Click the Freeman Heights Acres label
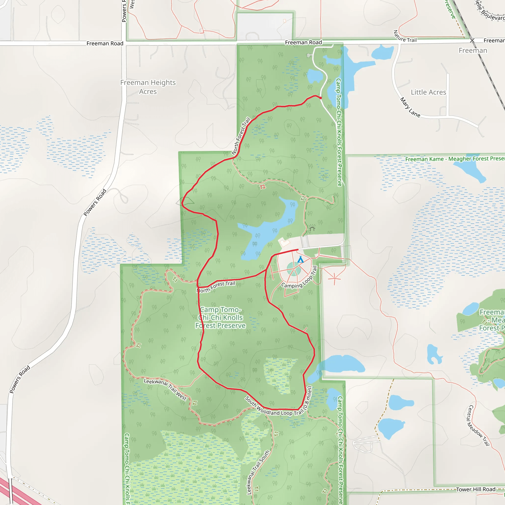tap(148, 87)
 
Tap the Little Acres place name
tap(428, 92)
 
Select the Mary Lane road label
tap(410, 108)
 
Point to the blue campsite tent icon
tap(300, 260)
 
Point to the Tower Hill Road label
tap(475, 489)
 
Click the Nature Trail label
tap(404, 37)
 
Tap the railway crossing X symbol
tap(472, 40)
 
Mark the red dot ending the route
tap(321, 98)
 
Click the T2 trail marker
tap(262, 187)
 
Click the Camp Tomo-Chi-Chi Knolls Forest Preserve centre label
tap(220, 318)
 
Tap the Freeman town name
tap(473, 51)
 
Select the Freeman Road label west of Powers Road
tap(105, 43)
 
